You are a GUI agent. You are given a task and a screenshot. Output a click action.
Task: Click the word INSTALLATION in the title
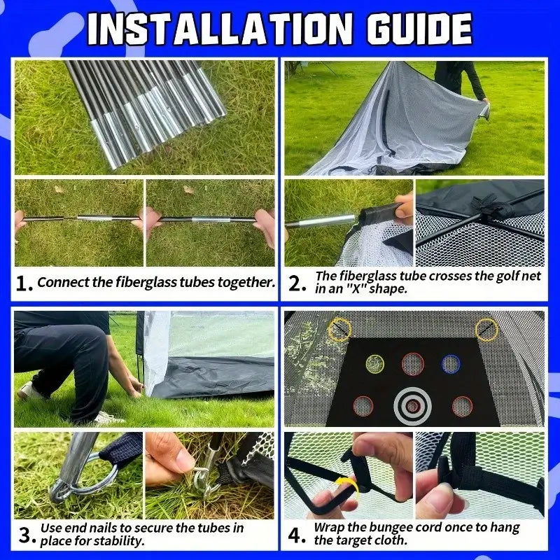coord(219,29)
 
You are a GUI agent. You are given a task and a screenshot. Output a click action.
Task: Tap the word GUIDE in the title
coord(419,29)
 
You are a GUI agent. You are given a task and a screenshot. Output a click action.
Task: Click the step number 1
coord(24,283)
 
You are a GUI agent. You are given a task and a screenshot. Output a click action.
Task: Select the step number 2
coord(296,283)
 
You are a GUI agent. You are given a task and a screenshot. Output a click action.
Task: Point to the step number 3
coord(27,535)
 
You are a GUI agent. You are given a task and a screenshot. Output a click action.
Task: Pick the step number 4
coord(296,535)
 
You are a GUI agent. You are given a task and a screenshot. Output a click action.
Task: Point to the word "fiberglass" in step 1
coord(146,283)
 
